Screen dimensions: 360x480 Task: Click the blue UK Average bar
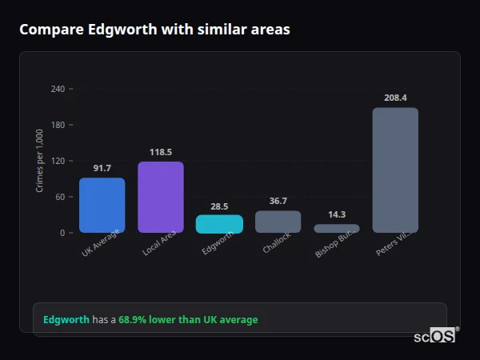pyautogui.click(x=102, y=205)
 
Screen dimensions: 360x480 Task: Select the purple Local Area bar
pyautogui.click(x=161, y=197)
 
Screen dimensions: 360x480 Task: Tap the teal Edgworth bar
pyautogui.click(x=219, y=223)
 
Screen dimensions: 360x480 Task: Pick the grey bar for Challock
pyautogui.click(x=278, y=222)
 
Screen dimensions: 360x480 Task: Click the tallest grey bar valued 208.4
pyautogui.click(x=395, y=170)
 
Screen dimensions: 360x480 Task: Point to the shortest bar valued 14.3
pyautogui.click(x=337, y=228)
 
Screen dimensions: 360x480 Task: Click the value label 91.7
pyautogui.click(x=102, y=168)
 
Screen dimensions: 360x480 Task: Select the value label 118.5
pyautogui.click(x=161, y=152)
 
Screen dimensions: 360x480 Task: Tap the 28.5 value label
pyautogui.click(x=219, y=206)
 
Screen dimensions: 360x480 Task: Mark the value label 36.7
pyautogui.click(x=278, y=201)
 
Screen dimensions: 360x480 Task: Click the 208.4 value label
pyautogui.click(x=395, y=98)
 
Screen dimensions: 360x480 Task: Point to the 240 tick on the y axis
pyautogui.click(x=58, y=89)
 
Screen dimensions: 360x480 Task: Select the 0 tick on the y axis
pyautogui.click(x=62, y=233)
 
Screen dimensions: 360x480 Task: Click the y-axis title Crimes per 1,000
pyautogui.click(x=40, y=161)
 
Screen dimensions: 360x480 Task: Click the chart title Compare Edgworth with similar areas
pyautogui.click(x=154, y=30)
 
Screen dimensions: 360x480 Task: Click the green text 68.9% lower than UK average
pyautogui.click(x=188, y=320)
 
